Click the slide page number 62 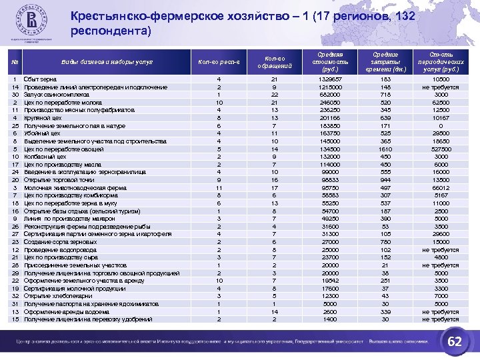(x=456, y=341)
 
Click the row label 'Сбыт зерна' (x=39, y=79)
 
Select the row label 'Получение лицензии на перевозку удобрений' (x=89, y=319)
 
